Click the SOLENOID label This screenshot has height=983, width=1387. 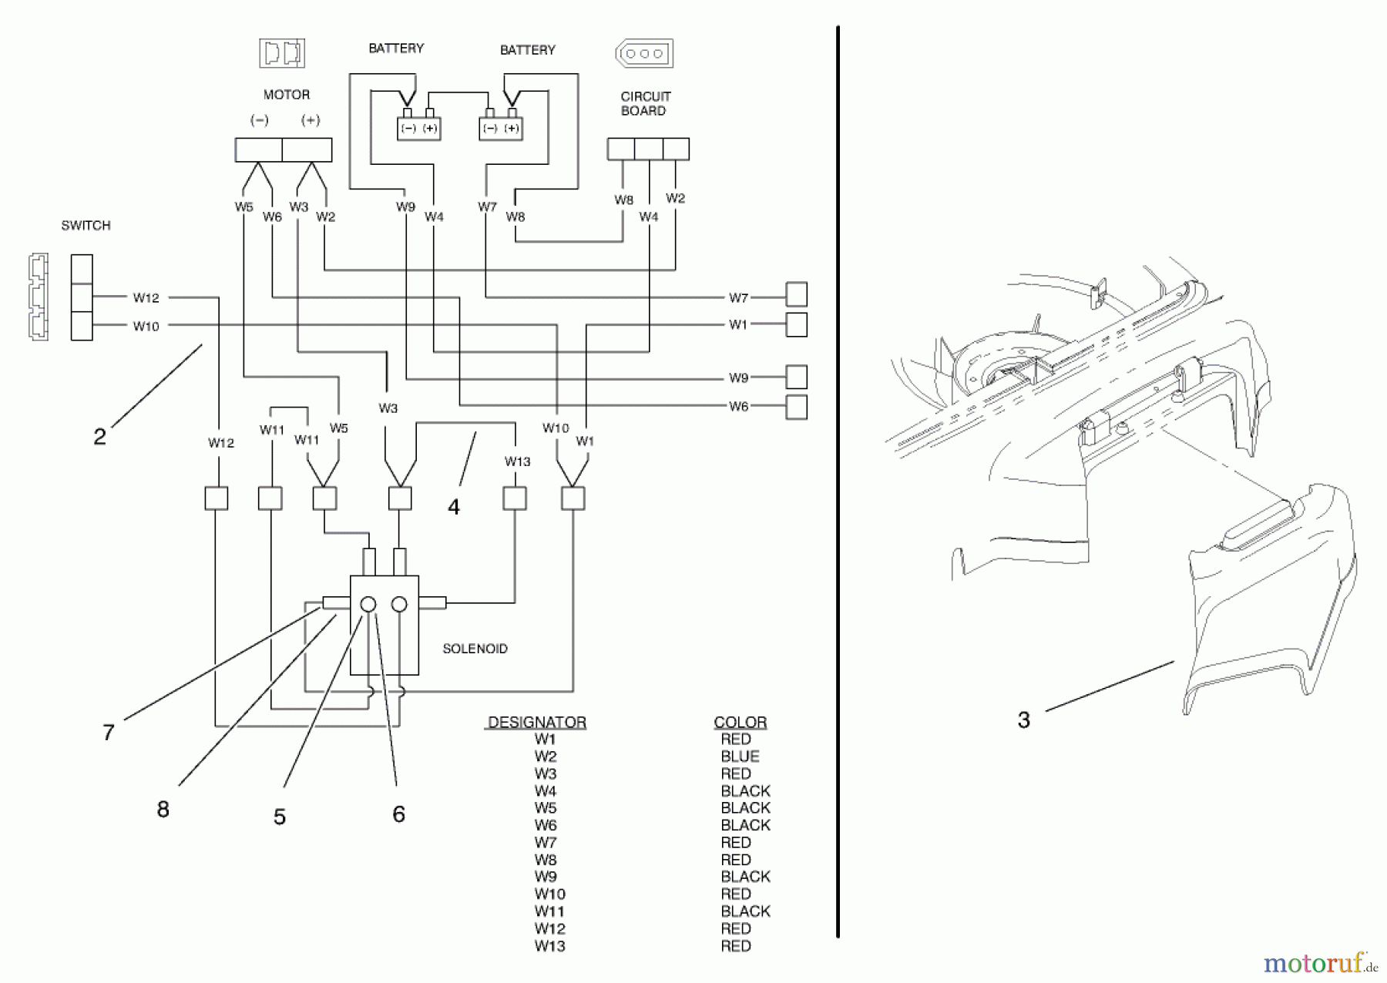475,649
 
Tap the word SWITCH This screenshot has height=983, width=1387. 86,226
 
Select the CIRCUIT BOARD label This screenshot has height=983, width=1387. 645,103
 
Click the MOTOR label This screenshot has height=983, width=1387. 286,95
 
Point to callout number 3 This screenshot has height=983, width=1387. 1023,720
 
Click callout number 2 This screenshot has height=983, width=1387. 99,437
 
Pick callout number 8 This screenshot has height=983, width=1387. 163,810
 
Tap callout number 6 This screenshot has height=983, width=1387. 398,814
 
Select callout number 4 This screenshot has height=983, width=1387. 453,507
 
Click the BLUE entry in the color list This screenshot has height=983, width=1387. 740,757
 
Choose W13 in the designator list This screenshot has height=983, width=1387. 549,946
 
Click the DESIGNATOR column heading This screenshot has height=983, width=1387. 537,723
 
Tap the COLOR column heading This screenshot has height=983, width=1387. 740,723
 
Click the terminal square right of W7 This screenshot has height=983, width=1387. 796,294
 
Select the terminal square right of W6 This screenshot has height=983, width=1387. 796,407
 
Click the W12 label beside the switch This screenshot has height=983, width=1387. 146,297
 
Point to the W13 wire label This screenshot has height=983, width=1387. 517,461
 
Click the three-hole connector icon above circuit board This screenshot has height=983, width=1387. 644,54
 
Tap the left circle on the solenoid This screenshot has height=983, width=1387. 368,605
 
